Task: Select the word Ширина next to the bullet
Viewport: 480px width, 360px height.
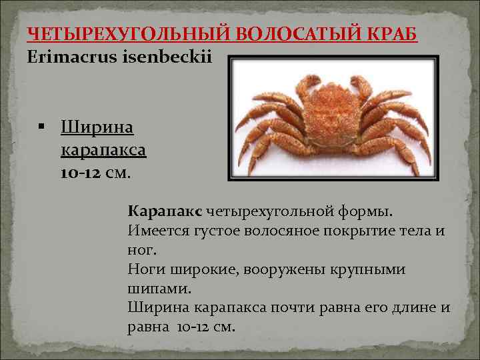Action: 97,127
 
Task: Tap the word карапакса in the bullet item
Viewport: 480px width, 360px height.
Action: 103,149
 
